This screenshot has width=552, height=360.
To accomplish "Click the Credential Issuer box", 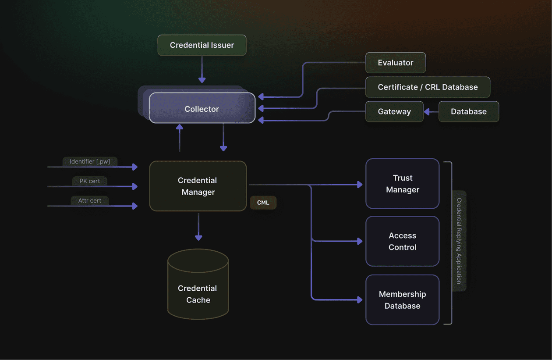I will [202, 45].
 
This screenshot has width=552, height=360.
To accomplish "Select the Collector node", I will [202, 108].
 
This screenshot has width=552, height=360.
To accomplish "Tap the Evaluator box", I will [395, 63].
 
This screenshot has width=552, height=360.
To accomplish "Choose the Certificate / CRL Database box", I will [427, 87].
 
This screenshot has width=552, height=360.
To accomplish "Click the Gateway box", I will [394, 111].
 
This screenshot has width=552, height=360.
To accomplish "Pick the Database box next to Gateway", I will [468, 111].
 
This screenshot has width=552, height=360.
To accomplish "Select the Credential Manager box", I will [198, 186].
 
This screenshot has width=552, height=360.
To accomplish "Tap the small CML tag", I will [263, 203].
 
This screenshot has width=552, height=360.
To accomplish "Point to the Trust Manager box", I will [402, 184].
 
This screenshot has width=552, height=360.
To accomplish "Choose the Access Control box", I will [402, 241].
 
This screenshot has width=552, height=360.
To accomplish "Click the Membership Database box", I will [402, 300].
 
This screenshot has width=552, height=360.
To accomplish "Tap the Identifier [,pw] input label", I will [90, 162].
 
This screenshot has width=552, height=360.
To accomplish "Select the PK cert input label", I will [89, 181].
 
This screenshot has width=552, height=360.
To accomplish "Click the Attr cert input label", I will [89, 200].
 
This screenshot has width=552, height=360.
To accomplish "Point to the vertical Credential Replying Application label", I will [459, 241].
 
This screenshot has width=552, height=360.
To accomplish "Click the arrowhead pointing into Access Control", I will [360, 241].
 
